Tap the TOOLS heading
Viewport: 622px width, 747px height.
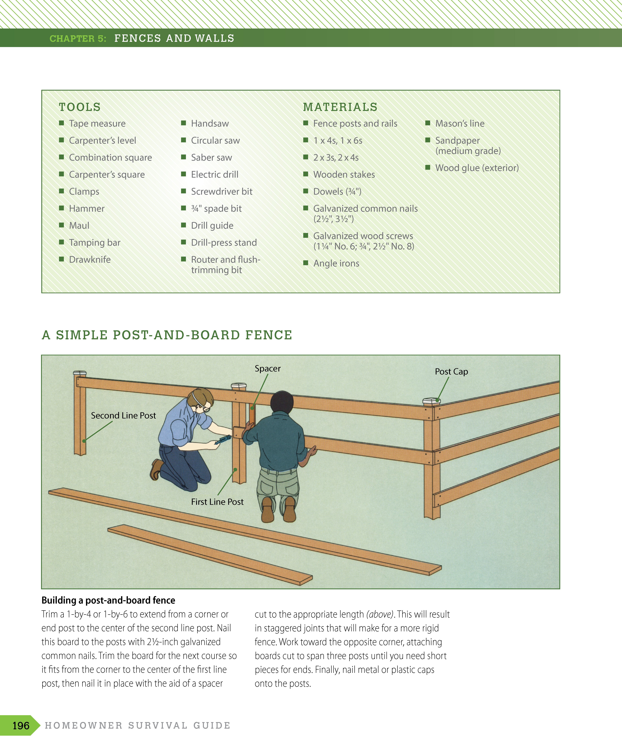coord(80,107)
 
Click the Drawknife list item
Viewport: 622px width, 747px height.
coord(90,260)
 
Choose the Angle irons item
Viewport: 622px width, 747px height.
coord(336,264)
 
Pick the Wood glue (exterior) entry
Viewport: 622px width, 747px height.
coord(477,168)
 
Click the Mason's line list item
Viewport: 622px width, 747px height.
coord(460,123)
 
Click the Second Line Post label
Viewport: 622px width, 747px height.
coord(123,415)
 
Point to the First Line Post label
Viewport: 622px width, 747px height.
coord(217,502)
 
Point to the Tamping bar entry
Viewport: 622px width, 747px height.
coord(95,243)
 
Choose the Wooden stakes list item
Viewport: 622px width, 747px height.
coord(344,175)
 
